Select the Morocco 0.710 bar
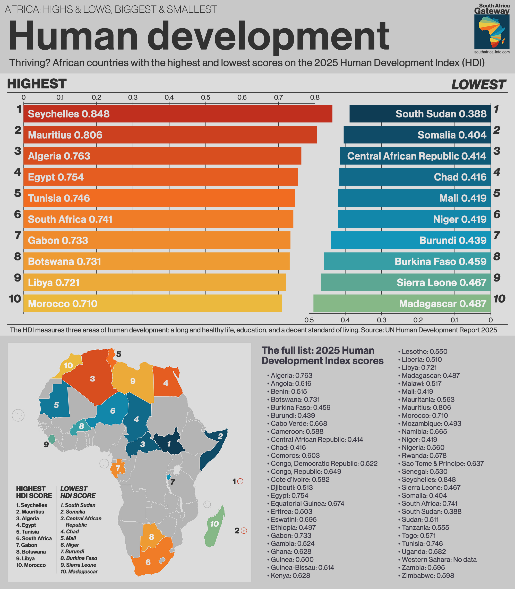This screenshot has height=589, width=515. pyautogui.click(x=152, y=303)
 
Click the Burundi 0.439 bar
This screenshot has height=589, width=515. pyautogui.click(x=411, y=240)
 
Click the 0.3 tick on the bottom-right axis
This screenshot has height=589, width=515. pyautogui.click(x=382, y=320)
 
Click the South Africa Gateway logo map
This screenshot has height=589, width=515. pyautogui.click(x=492, y=32)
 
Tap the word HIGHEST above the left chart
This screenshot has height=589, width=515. pyautogui.click(x=37, y=84)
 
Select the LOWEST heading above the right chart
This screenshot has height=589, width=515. pyautogui.click(x=478, y=85)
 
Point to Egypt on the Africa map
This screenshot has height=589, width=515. pyautogui.click(x=166, y=383)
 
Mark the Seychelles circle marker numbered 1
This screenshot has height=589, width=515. pyautogui.click(x=241, y=482)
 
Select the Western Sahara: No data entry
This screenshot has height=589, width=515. pyautogui.click(x=439, y=559)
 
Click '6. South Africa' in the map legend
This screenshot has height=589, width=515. pyautogui.click(x=34, y=538)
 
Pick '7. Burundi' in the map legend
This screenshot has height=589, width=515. pyautogui.click(x=72, y=551)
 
